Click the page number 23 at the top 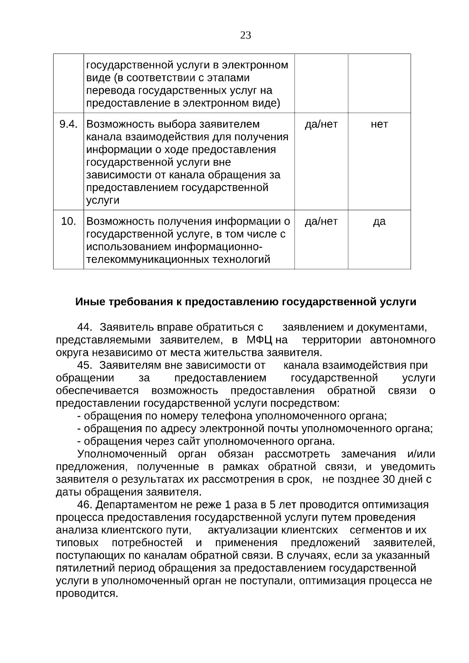click(245, 36)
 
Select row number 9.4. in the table click(68, 124)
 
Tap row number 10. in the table click(68, 222)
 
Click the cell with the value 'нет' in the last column click(379, 124)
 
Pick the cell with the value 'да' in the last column click(379, 222)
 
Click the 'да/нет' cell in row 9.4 click(321, 124)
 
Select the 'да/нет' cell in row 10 click(321, 222)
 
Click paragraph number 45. click(84, 365)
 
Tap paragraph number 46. click(84, 505)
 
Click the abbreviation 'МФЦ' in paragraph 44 click(259, 340)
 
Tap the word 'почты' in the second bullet click(281, 429)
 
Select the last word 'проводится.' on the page click(87, 594)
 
